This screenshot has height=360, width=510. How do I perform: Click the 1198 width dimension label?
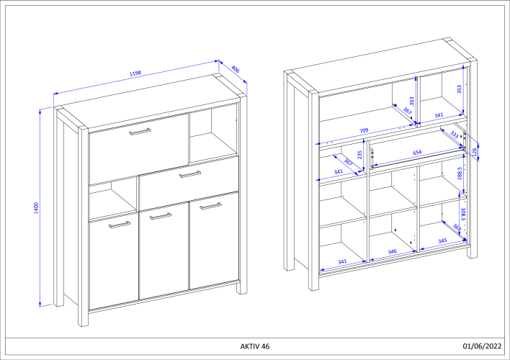click(135, 73)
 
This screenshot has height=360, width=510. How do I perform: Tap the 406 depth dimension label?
click(236, 69)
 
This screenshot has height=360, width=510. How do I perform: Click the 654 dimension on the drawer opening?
click(417, 153)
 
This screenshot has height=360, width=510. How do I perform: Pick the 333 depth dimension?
click(455, 135)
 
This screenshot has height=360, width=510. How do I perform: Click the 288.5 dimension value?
click(460, 176)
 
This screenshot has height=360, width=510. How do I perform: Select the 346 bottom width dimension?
click(393, 252)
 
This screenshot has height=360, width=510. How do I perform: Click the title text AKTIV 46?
click(255, 346)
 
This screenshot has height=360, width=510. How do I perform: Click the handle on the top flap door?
click(139, 131)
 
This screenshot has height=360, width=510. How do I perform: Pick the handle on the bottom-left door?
click(120, 225)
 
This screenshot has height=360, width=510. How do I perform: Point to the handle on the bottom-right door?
click(210, 207)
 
